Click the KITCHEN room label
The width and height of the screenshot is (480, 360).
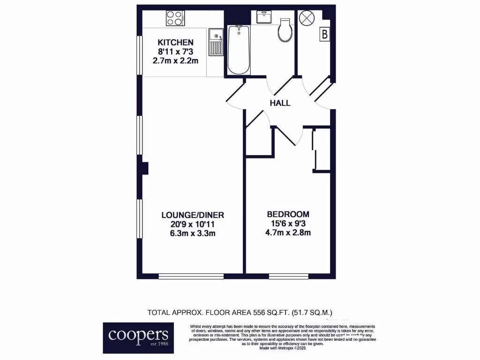(176, 43)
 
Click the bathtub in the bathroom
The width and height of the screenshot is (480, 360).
(239, 50)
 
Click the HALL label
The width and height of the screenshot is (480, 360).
(280, 103)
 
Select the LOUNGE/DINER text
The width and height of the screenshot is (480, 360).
(193, 215)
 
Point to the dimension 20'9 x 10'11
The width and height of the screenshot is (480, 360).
(193, 224)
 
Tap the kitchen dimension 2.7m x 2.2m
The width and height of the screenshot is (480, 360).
(176, 60)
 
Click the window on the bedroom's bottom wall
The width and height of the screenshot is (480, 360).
(289, 277)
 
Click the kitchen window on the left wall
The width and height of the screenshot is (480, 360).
(139, 55)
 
